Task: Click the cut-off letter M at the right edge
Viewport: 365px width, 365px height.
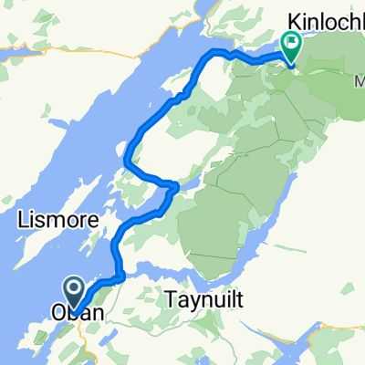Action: click(358, 81)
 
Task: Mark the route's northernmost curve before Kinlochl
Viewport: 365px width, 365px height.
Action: click(219, 52)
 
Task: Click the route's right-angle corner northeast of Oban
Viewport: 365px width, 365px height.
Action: click(121, 274)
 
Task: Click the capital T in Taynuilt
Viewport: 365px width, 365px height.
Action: click(172, 297)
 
